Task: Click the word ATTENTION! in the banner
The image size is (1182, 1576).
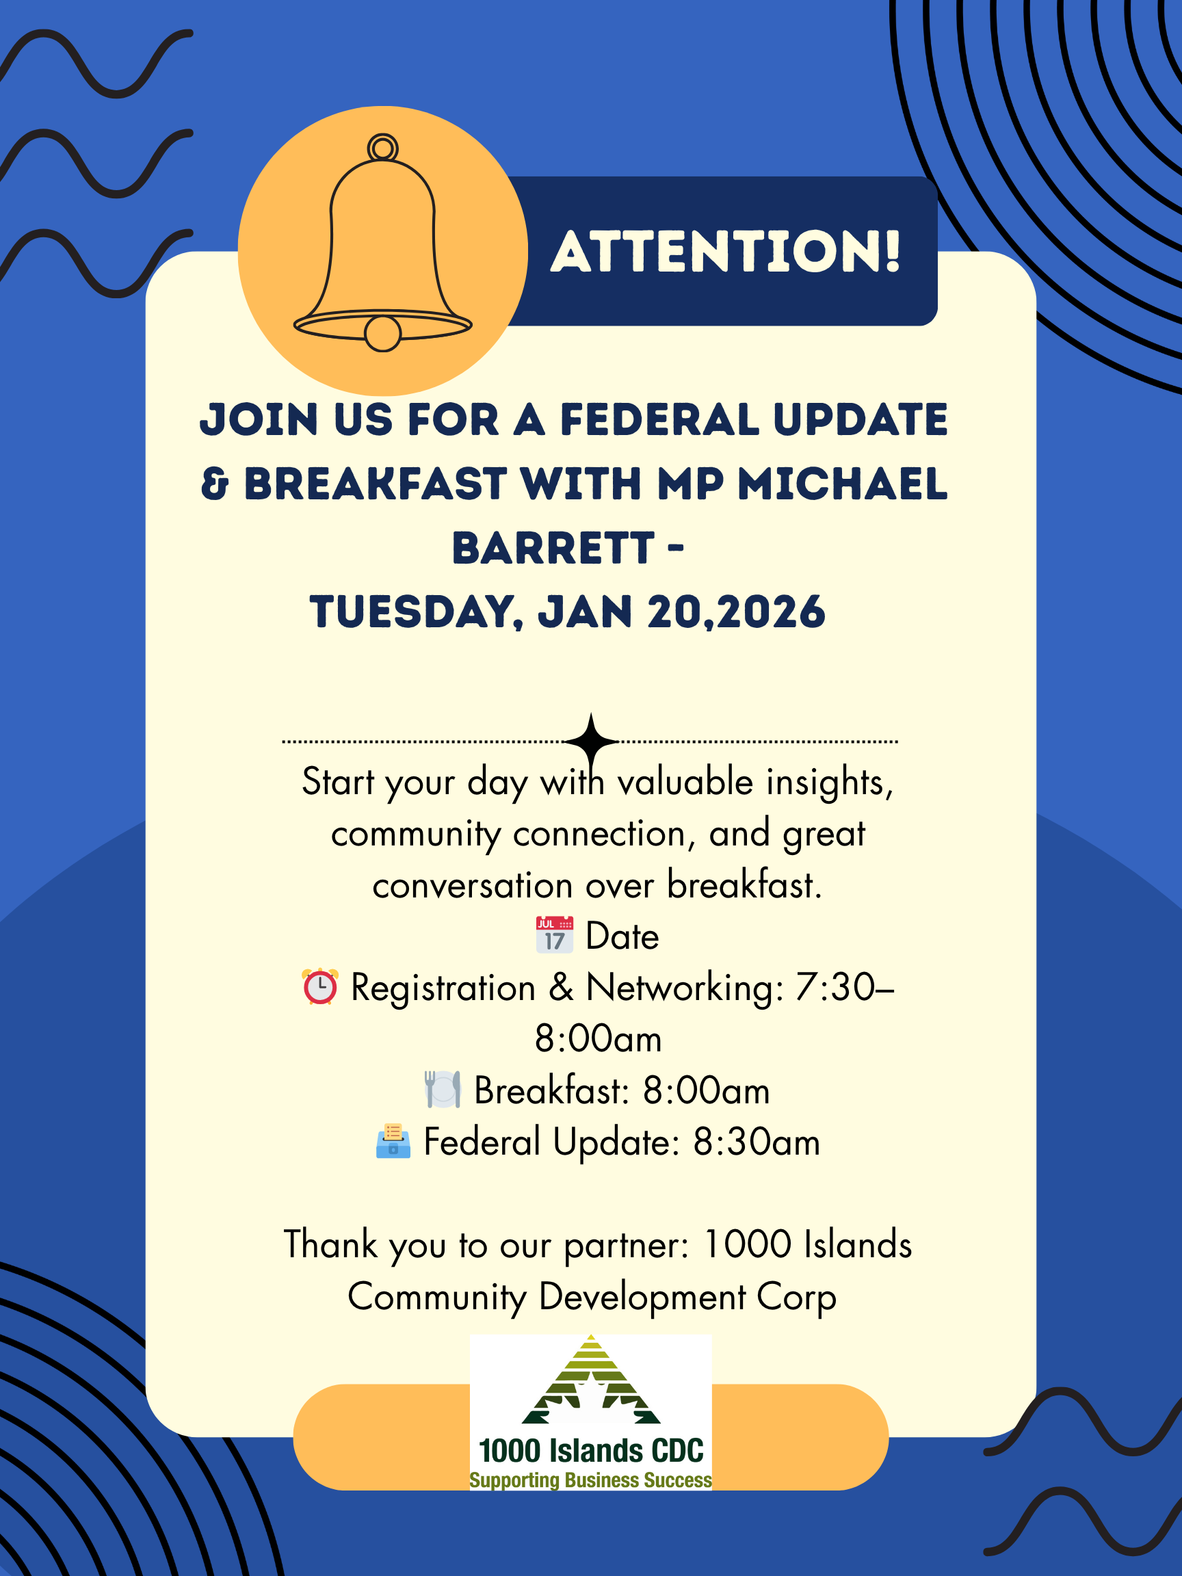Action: point(726,252)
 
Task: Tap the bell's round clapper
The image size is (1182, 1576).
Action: point(382,333)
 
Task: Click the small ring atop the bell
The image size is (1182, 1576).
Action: point(382,148)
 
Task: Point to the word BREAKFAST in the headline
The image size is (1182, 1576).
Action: point(376,484)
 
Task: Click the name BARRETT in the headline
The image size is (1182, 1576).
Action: point(553,549)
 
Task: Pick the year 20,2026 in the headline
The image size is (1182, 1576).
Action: point(736,613)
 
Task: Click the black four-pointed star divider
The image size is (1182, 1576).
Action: point(590,741)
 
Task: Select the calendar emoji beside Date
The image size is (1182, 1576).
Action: point(554,935)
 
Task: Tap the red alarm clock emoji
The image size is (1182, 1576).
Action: point(320,987)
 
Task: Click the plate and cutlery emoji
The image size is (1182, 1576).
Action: point(443,1090)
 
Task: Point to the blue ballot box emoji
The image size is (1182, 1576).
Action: point(393,1142)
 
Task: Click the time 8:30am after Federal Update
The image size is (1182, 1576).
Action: point(757,1142)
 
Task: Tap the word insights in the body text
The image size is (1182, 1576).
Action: point(829,783)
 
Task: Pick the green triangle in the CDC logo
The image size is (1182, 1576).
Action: point(590,1380)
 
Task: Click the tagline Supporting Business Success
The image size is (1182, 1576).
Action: point(590,1480)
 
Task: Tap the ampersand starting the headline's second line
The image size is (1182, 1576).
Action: point(215,484)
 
